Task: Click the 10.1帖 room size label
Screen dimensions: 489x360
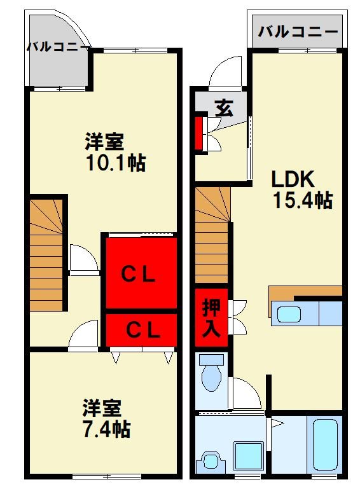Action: pos(116,163)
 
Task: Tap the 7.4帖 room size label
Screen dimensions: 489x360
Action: pos(106,429)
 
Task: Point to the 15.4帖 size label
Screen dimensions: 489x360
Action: pos(303,200)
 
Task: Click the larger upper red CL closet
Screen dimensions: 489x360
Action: pos(140,274)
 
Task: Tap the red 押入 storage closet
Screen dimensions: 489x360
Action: pos(211,317)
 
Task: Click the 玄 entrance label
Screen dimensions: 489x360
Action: pos(222,107)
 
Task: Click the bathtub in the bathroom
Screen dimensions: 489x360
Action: pos(325,444)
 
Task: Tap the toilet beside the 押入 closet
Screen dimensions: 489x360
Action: pos(211,375)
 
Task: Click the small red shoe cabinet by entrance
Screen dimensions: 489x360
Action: pos(198,133)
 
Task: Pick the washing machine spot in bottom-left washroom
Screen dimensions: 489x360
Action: pos(211,460)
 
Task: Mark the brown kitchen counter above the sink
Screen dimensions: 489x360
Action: pos(305,293)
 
